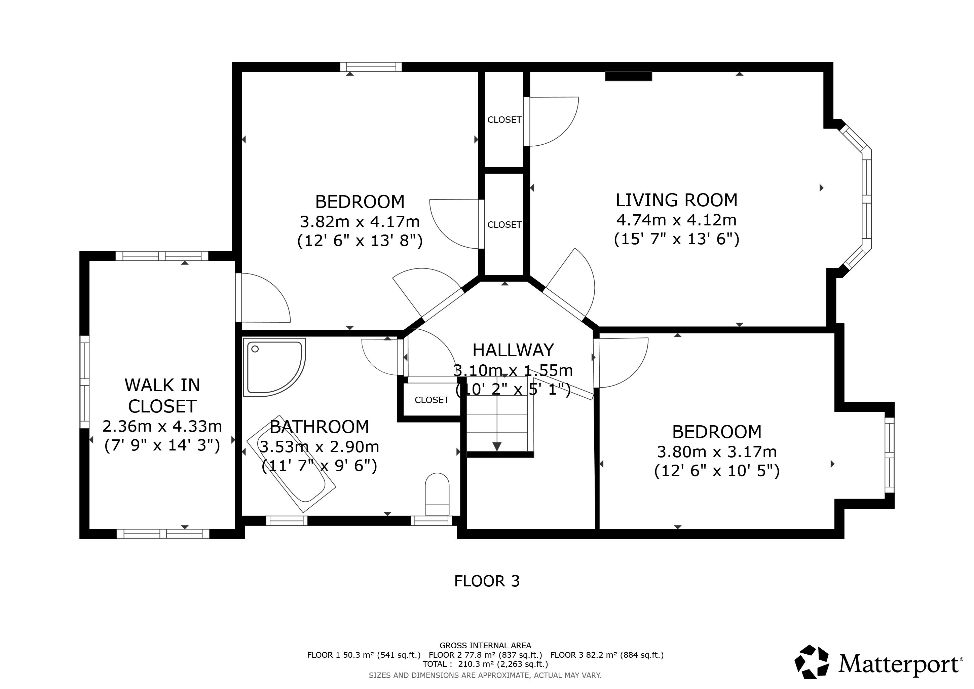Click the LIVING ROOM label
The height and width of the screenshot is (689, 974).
(676, 200)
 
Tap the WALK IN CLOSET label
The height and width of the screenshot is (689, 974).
(162, 395)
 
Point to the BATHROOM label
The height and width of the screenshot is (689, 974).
(320, 427)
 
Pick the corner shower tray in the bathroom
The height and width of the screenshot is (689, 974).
(274, 367)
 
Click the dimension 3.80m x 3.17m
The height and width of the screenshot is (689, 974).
(717, 452)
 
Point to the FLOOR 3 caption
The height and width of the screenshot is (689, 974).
(487, 581)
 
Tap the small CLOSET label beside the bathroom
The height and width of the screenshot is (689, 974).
(432, 400)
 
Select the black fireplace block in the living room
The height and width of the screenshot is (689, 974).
(628, 76)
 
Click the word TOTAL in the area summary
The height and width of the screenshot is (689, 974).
(435, 664)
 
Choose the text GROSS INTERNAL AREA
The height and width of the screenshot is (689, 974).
(485, 646)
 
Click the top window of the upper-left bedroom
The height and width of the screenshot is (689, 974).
(371, 67)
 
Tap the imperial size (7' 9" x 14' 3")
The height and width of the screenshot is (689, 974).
(162, 445)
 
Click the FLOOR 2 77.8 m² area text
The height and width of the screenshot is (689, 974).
(485, 655)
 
